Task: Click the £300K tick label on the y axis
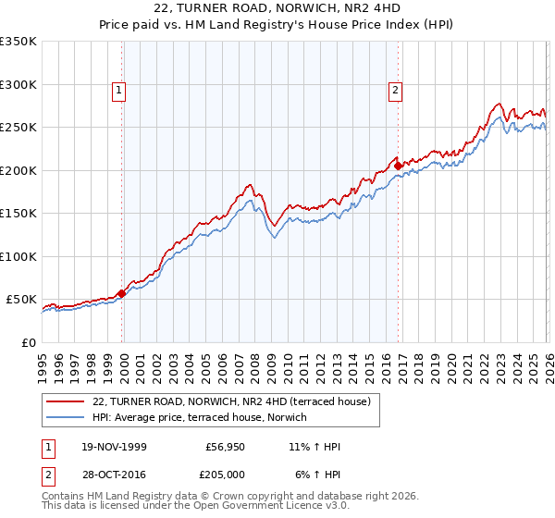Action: click(x=18, y=84)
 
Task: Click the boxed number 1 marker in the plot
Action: click(x=121, y=91)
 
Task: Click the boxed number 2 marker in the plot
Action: click(x=396, y=91)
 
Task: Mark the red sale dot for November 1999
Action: click(x=122, y=293)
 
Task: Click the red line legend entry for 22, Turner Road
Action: click(x=231, y=401)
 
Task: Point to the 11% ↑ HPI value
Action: click(x=315, y=448)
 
